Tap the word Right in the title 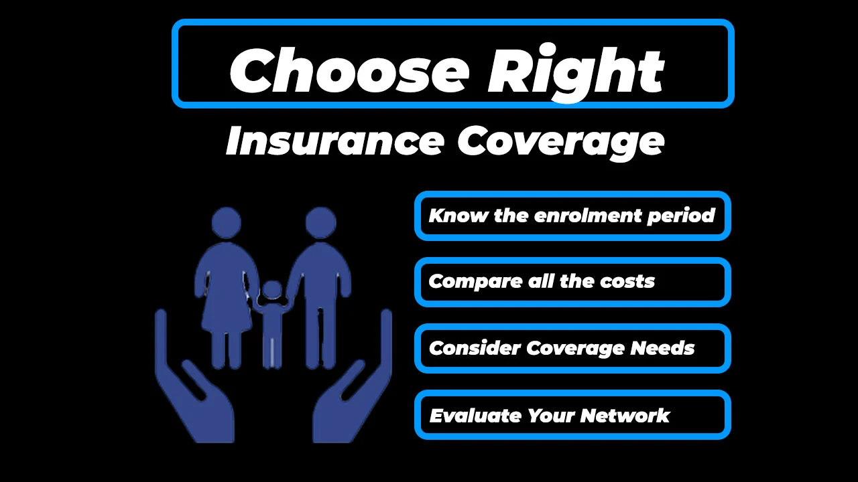coord(575,70)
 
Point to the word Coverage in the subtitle coord(560,141)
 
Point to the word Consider coord(475,348)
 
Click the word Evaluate coord(475,416)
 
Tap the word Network coord(625,416)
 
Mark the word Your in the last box coord(551,416)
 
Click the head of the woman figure coord(227,222)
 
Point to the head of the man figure coord(320,222)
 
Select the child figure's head coord(272,291)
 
